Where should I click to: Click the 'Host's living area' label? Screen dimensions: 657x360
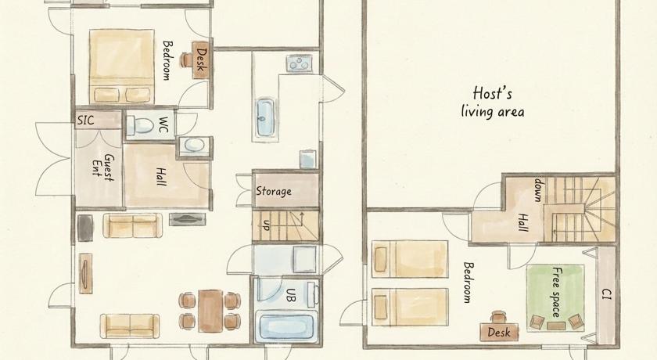pyautogui.click(x=493, y=103)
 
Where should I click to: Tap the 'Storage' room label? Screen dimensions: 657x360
pyautogui.click(x=274, y=191)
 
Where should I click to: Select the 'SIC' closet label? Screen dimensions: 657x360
pyautogui.click(x=85, y=121)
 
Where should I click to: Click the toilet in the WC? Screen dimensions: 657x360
pyautogui.click(x=140, y=125)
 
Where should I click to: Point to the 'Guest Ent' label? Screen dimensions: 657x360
pyautogui.click(x=103, y=167)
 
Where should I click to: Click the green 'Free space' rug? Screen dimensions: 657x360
pyautogui.click(x=555, y=297)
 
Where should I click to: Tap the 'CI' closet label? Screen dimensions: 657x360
pyautogui.click(x=606, y=293)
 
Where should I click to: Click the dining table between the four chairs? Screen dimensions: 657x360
pyautogui.click(x=210, y=311)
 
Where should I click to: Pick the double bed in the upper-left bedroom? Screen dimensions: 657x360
pyautogui.click(x=121, y=67)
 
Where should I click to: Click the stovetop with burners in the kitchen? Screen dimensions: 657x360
pyautogui.click(x=299, y=63)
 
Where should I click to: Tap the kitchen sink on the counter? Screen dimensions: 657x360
pyautogui.click(x=266, y=117)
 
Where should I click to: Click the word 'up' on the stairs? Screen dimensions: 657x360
pyautogui.click(x=266, y=225)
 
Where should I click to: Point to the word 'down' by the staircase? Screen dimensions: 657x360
pyautogui.click(x=538, y=190)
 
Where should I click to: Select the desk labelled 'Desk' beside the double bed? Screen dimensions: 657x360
pyautogui.click(x=200, y=60)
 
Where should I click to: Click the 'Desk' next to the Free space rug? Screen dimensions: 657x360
pyautogui.click(x=499, y=332)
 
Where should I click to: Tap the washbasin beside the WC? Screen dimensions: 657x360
pyautogui.click(x=195, y=145)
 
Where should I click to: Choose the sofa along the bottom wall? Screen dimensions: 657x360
pyautogui.click(x=130, y=326)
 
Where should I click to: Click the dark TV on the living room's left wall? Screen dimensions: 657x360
pyautogui.click(x=85, y=228)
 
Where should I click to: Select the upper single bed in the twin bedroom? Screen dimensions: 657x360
pyautogui.click(x=409, y=259)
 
